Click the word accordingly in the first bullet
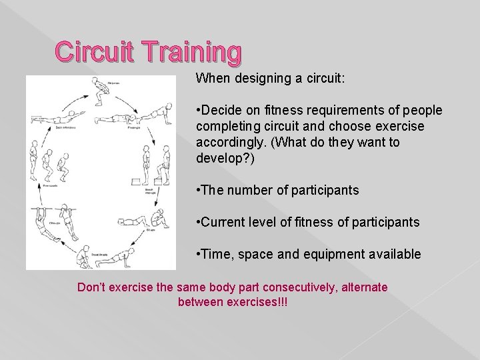click(227, 141)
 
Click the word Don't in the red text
click(92, 287)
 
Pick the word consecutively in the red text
click(277, 287)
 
